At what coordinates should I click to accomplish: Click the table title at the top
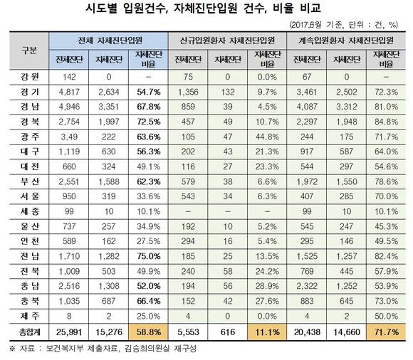pyautogui.click(x=203, y=8)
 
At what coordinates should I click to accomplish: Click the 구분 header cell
pyautogui.click(x=29, y=51)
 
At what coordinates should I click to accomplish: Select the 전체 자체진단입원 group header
pyautogui.click(x=108, y=41)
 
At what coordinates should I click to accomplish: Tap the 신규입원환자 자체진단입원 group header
pyautogui.click(x=227, y=41)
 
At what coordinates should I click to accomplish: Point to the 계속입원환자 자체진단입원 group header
pyautogui.click(x=346, y=41)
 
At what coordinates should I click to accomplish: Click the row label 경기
pyautogui.click(x=29, y=92)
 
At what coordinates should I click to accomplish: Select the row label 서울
pyautogui.click(x=29, y=196)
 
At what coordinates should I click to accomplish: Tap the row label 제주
pyautogui.click(x=29, y=316)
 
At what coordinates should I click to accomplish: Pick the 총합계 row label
pyautogui.click(x=29, y=332)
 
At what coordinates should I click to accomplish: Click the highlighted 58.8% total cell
pyautogui.click(x=149, y=332)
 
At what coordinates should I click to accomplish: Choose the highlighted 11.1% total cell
pyautogui.click(x=267, y=332)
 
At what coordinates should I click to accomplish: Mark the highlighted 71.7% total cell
pyautogui.click(x=386, y=332)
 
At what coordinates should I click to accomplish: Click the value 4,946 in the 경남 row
pyautogui.click(x=69, y=107)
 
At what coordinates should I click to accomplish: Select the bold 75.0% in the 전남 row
pyautogui.click(x=149, y=256)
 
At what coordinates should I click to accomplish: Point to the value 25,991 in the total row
pyautogui.click(x=69, y=332)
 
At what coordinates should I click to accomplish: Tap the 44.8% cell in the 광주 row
pyautogui.click(x=267, y=137)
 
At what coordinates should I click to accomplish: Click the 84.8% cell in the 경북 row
pyautogui.click(x=386, y=122)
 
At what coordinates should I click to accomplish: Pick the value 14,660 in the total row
pyautogui.click(x=347, y=332)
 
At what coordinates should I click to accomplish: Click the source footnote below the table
pyautogui.click(x=103, y=349)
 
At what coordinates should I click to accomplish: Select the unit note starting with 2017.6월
pyautogui.click(x=343, y=25)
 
